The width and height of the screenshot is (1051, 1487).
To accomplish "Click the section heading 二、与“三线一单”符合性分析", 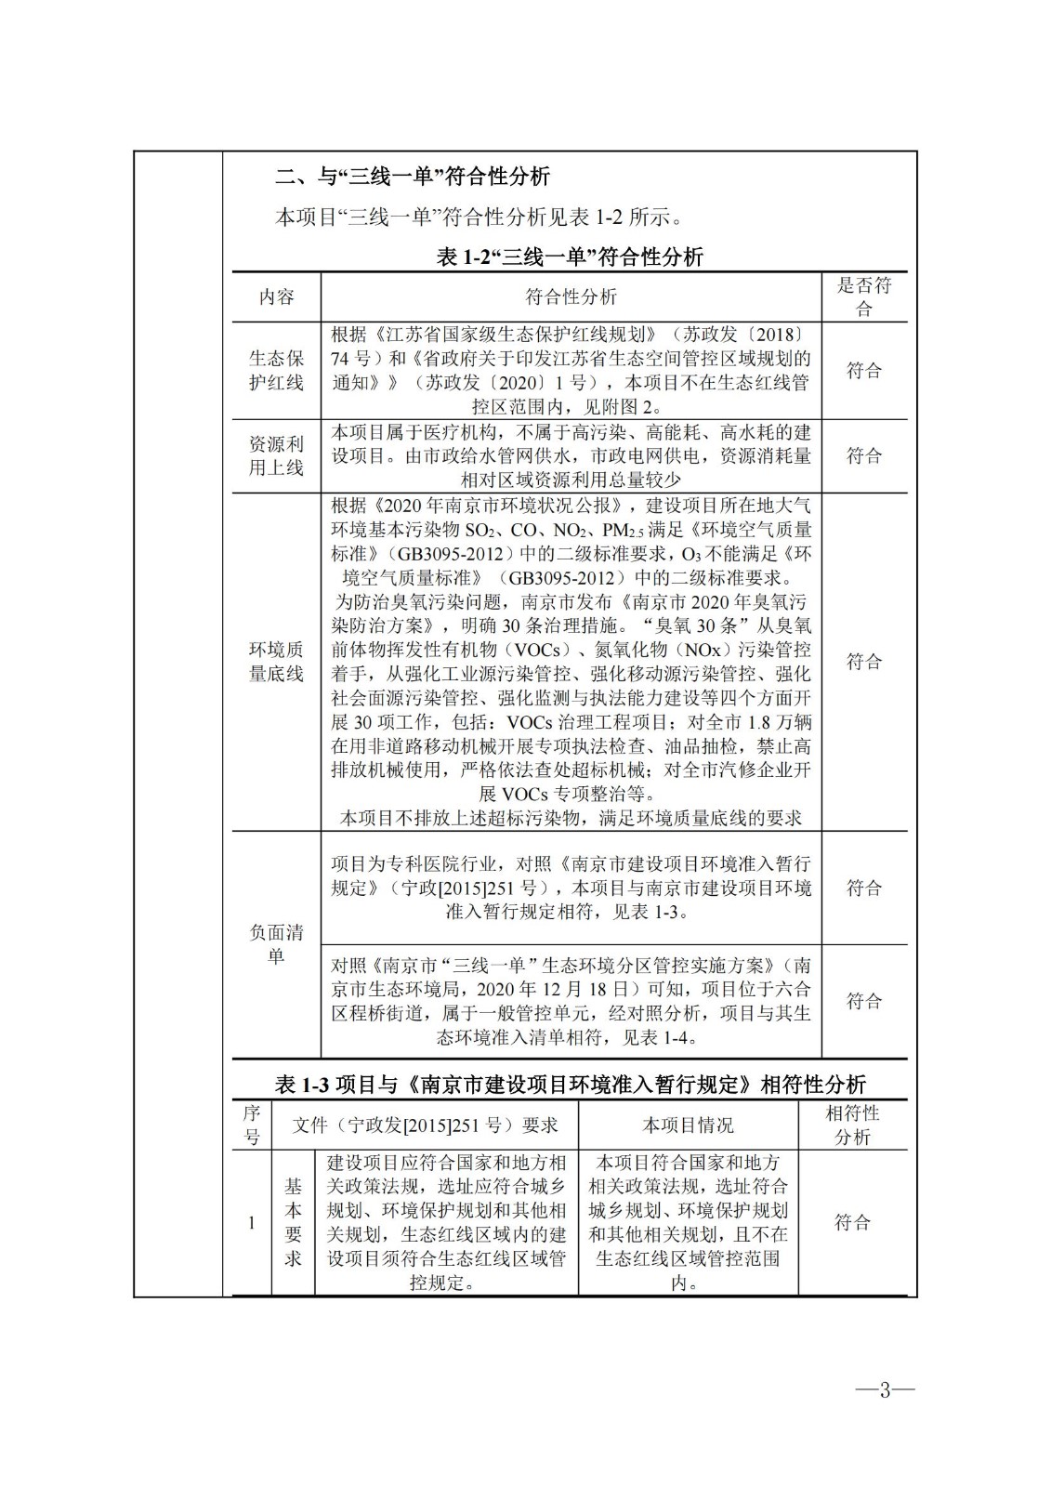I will pyautogui.click(x=414, y=176).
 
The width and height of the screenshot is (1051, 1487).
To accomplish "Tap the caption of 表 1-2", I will pyautogui.click(x=570, y=257).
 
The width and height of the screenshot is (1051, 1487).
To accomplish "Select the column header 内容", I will pyautogui.click(x=276, y=296).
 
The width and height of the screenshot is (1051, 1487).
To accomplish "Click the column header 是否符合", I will pyautogui.click(x=863, y=296).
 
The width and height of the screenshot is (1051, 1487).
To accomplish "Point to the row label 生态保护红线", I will pyautogui.click(x=276, y=370).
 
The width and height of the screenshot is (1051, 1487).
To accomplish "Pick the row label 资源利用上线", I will pyautogui.click(x=276, y=455).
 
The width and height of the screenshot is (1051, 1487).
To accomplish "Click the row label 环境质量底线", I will pyautogui.click(x=276, y=661).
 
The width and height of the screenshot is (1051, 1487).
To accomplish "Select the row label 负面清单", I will pyautogui.click(x=276, y=944).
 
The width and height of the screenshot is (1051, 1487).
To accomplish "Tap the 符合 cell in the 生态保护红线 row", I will pyautogui.click(x=863, y=370).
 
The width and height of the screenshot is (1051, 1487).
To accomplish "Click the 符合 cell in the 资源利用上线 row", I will pyautogui.click(x=863, y=455).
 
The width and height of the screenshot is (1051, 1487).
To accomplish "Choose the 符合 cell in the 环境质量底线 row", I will pyautogui.click(x=863, y=661).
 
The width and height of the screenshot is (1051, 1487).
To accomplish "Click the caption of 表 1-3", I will pyautogui.click(x=570, y=1084).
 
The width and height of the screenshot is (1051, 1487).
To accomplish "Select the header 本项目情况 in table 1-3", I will pyautogui.click(x=688, y=1125).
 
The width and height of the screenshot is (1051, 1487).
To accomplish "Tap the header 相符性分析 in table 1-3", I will pyautogui.click(x=852, y=1125).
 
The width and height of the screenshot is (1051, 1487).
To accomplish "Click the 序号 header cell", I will pyautogui.click(x=252, y=1125).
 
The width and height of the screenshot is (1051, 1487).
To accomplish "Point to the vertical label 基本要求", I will pyautogui.click(x=293, y=1222).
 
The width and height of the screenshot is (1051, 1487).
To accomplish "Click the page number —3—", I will pyautogui.click(x=885, y=1389).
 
